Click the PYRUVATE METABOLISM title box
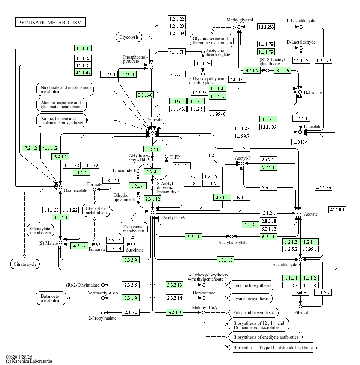pyautogui.click(x=50, y=23)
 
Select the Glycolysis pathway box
pyautogui.click(x=129, y=37)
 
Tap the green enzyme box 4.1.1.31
pyautogui.click(x=83, y=48)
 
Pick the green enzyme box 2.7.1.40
pyautogui.click(x=145, y=95)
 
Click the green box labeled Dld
pyautogui.click(x=178, y=101)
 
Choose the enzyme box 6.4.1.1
pyautogui.click(x=61, y=157)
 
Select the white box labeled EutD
pyautogui.click(x=241, y=197)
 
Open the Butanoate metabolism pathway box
pyautogui.click(x=51, y=298)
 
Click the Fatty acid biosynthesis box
pyautogui.click(x=253, y=312)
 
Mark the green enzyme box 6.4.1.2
pyautogui.click(x=175, y=312)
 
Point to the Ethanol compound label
pyautogui.click(x=301, y=313)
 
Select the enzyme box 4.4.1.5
pyautogui.click(x=251, y=70)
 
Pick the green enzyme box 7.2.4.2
pyautogui.click(x=31, y=148)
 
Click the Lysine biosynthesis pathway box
pyautogui.click(x=251, y=299)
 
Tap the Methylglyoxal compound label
pyautogui.click(x=240, y=20)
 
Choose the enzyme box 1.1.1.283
pyautogui.click(x=266, y=27)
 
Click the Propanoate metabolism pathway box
pyautogui.click(x=133, y=228)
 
